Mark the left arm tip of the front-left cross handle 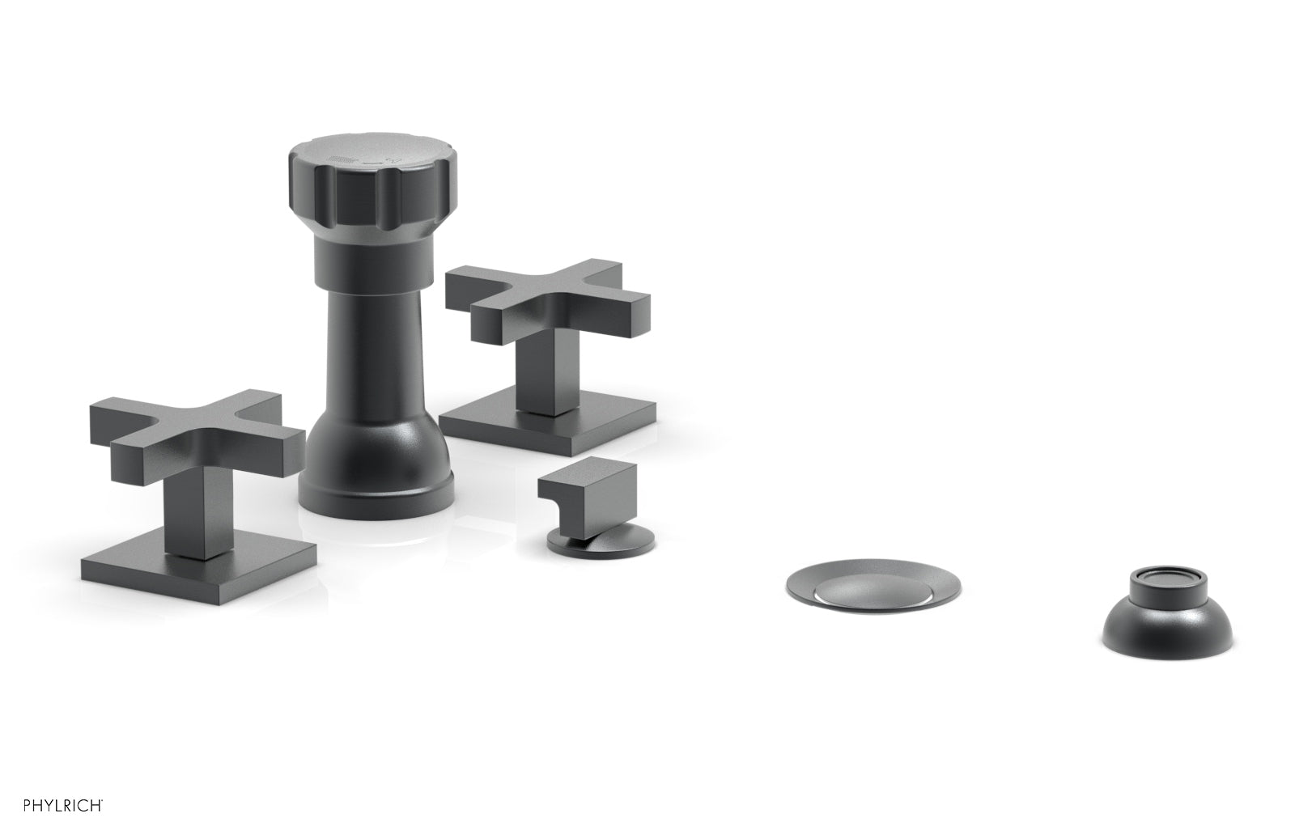pos(102,422)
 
